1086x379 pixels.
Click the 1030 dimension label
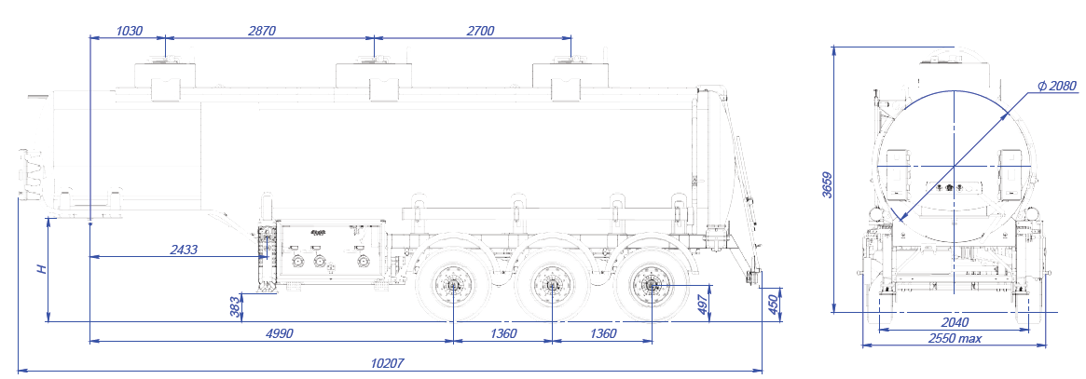click(129, 31)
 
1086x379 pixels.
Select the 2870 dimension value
click(263, 31)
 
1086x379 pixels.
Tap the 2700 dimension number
click(478, 31)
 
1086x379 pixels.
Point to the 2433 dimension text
click(185, 249)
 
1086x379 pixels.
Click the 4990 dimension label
click(278, 333)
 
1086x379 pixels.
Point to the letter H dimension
click(40, 270)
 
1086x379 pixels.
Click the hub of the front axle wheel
click(454, 287)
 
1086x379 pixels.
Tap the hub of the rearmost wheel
click(650, 286)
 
